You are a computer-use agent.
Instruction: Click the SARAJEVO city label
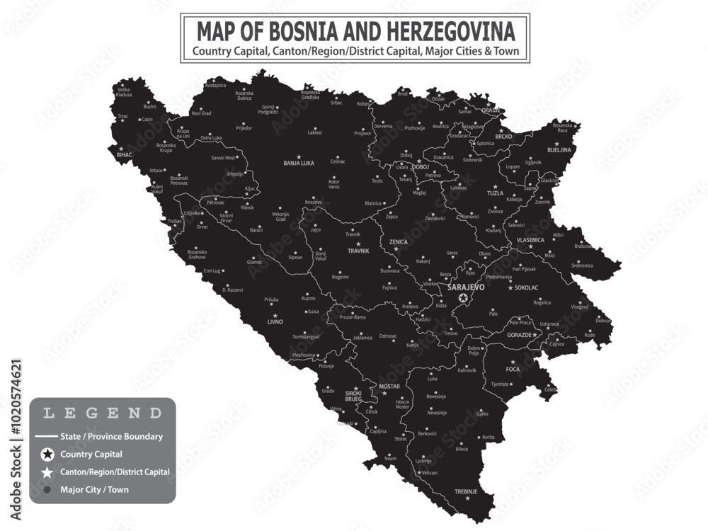466,287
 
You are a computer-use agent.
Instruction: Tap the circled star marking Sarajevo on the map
463,298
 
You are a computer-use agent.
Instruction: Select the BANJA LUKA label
298,163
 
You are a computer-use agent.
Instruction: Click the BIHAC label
125,154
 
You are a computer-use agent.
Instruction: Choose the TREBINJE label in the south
466,491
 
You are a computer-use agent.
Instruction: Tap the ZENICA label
399,241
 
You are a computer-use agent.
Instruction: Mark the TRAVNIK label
358,251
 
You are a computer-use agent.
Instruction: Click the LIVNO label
275,321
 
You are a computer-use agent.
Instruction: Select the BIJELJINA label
562,150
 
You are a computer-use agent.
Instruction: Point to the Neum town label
390,459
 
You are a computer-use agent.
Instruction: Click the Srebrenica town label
582,265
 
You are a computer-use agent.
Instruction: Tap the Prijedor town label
244,128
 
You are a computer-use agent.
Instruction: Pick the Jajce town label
316,229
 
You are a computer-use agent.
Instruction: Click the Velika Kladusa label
124,92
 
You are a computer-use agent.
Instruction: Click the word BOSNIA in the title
300,31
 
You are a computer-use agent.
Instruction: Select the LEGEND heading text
102,413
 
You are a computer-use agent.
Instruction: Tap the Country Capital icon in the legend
47,454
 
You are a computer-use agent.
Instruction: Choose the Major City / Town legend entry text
95,489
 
